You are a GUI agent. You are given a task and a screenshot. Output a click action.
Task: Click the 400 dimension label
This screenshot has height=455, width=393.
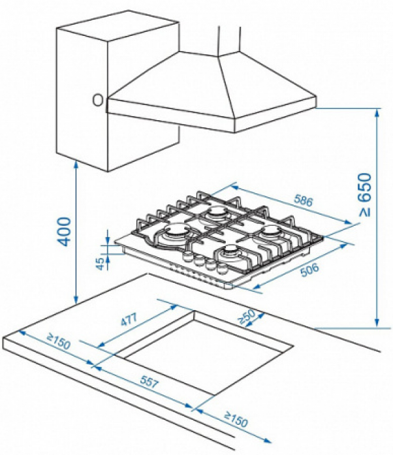tap(64, 232)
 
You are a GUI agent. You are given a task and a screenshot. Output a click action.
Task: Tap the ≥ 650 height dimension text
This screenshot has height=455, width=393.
tap(364, 195)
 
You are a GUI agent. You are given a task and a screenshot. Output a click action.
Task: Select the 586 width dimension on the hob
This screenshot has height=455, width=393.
tap(304, 200)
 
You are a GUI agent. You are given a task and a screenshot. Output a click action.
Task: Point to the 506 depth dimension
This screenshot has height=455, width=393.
tap(309, 270)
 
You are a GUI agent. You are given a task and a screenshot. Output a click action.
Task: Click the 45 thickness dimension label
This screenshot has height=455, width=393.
tap(100, 264)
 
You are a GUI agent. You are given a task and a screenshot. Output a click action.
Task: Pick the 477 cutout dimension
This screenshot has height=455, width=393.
tap(129, 319)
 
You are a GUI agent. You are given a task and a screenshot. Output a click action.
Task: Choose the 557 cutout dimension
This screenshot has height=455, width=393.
tap(149, 382)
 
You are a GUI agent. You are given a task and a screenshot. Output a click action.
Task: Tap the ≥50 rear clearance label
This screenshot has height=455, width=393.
tap(247, 317)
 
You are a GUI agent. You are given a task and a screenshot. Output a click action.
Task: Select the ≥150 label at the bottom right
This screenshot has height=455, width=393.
tap(236, 419)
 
